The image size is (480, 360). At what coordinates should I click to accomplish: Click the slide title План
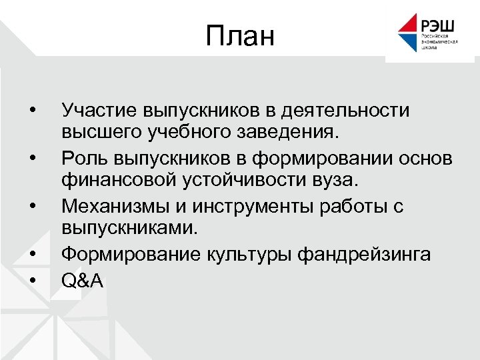point(240,37)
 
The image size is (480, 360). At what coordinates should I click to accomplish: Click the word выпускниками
point(129,229)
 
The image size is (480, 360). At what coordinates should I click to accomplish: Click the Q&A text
point(82,281)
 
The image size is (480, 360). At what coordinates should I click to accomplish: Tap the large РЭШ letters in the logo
point(437,25)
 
